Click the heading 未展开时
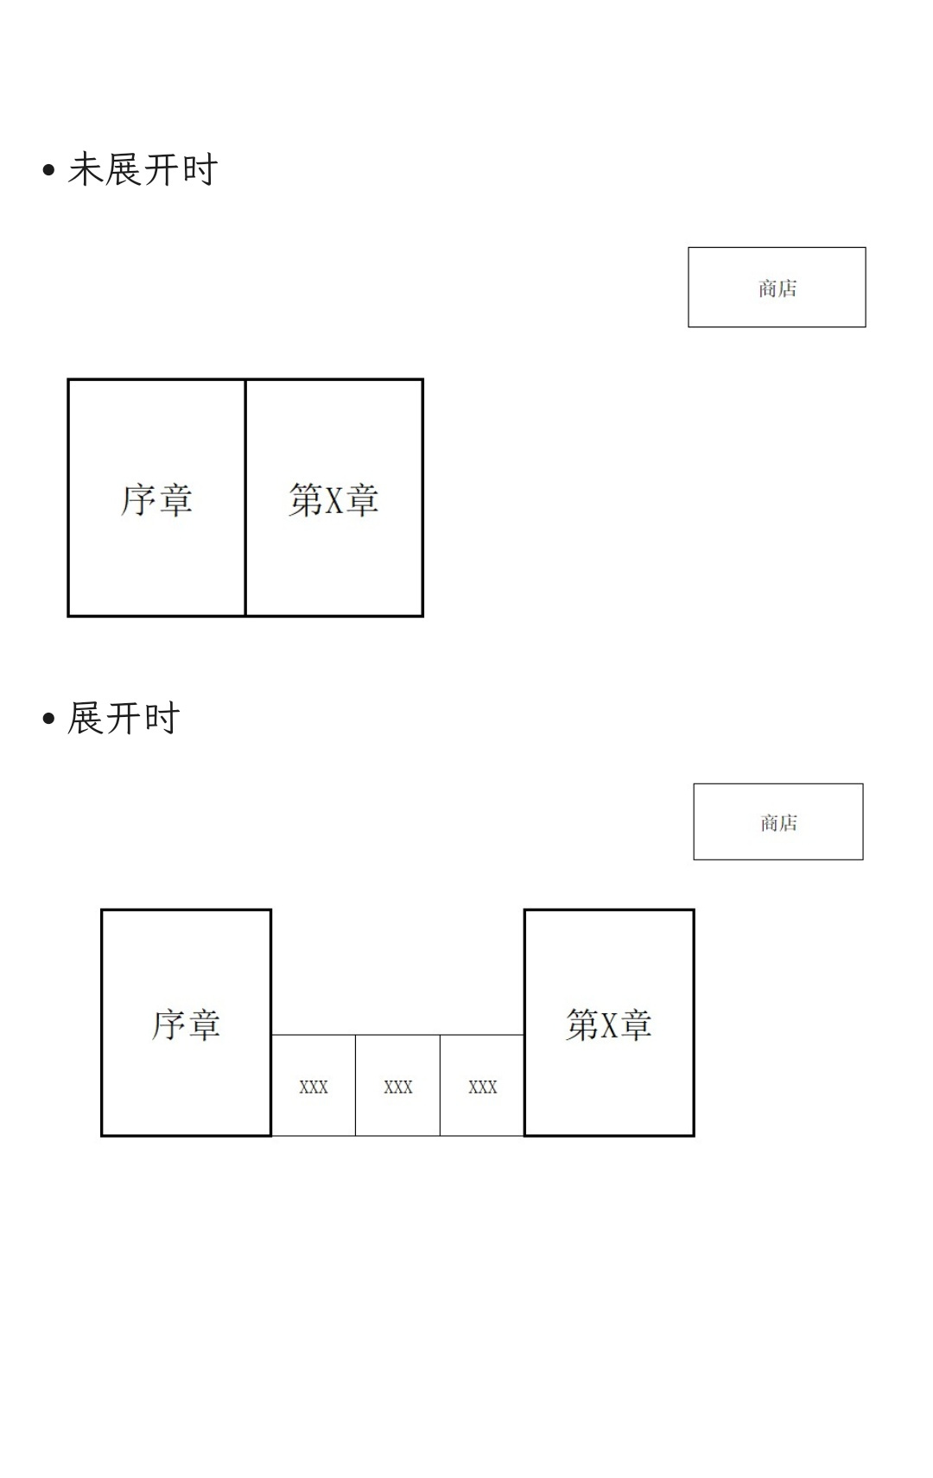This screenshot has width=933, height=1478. pyautogui.click(x=143, y=169)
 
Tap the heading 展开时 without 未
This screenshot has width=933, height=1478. pyautogui.click(x=124, y=718)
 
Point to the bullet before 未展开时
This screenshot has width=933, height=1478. pyautogui.click(x=48, y=170)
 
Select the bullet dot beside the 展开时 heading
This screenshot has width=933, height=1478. pyautogui.click(x=48, y=718)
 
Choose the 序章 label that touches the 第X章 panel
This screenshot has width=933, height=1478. pyautogui.click(x=156, y=499)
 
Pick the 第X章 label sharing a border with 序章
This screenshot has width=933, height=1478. pyautogui.click(x=333, y=499)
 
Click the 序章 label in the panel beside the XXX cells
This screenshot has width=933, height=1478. pyautogui.click(x=186, y=1024)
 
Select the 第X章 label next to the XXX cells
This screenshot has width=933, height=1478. pyautogui.click(x=608, y=1024)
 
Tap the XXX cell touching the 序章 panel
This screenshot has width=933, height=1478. pyautogui.click(x=314, y=1085)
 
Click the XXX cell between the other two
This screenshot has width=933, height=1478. pyautogui.click(x=398, y=1085)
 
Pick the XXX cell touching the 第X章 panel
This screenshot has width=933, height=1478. pyautogui.click(x=482, y=1085)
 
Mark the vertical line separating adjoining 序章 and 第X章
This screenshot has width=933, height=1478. pyautogui.click(x=245, y=498)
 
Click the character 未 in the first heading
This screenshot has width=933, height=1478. pyautogui.click(x=85, y=169)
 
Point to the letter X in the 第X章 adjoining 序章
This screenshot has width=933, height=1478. pyautogui.click(x=333, y=500)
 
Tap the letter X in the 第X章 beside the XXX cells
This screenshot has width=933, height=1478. pyautogui.click(x=609, y=1024)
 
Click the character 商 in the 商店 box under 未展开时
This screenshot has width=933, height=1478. pyautogui.click(x=767, y=289)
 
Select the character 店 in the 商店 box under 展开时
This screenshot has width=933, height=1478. pyautogui.click(x=789, y=823)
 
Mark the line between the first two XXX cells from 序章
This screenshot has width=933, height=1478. pyautogui.click(x=356, y=1085)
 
